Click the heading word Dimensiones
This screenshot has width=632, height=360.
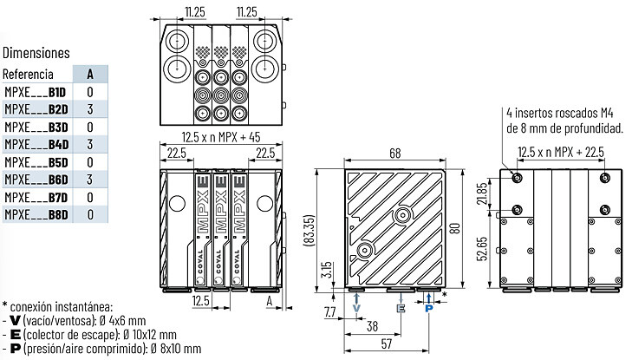(36, 53)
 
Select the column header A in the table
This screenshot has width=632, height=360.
(90, 74)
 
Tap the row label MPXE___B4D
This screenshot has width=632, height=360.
(36, 144)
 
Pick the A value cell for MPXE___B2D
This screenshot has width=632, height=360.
(90, 109)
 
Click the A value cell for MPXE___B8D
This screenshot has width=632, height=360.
(90, 214)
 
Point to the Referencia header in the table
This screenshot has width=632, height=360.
(28, 75)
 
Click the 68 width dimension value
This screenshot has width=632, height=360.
(395, 154)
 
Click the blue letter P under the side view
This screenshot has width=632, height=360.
(429, 309)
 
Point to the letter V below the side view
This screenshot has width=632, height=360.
(356, 309)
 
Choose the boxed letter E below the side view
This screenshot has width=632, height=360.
(401, 309)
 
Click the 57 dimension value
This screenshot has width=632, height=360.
(386, 344)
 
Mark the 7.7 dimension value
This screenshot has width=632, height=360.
(329, 311)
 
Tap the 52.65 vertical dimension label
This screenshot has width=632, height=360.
(483, 249)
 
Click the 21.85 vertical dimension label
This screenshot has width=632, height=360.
(483, 193)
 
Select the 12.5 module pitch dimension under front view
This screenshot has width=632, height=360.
(201, 301)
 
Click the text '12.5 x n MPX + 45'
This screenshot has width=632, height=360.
(221, 137)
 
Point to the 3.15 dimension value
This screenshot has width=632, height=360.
(328, 270)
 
